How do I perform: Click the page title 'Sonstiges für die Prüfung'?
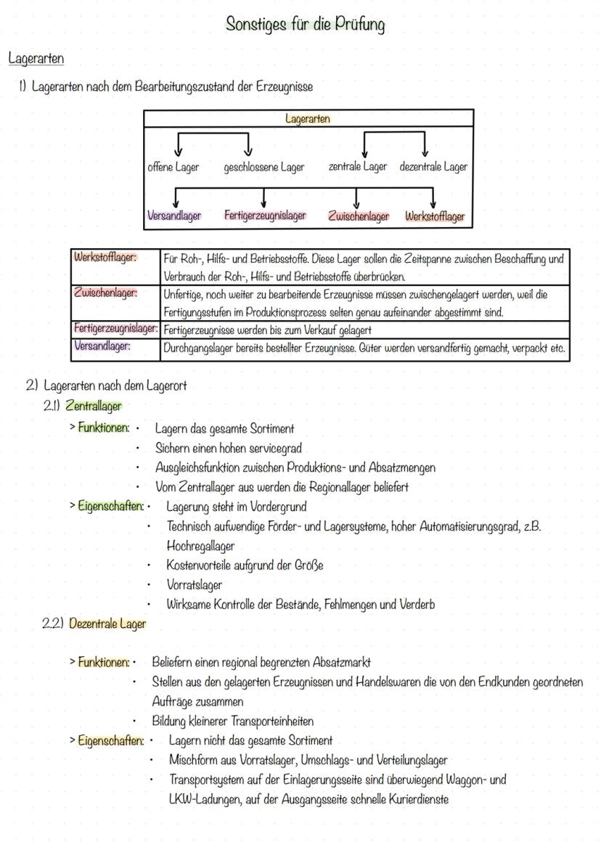pos(305,24)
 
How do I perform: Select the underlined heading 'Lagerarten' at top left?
pos(36,57)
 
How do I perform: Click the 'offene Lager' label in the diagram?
pos(173,167)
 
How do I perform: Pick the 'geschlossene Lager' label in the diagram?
pos(263,167)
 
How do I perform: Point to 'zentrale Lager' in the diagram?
pos(357,166)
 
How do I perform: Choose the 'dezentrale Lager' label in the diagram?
pos(433,166)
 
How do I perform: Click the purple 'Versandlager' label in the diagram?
pos(174,216)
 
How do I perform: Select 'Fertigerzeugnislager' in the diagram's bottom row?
pos(265,216)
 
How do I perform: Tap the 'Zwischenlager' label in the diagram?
pos(359,216)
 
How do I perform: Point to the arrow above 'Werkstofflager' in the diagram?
pos(433,198)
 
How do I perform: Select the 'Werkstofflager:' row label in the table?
pos(105,257)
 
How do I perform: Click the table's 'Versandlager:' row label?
pos(102,346)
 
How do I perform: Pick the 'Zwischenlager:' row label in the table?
pos(105,293)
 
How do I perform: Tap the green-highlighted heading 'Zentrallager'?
pos(93,406)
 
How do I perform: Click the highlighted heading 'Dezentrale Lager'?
pos(107,624)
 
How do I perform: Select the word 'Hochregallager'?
pos(200,545)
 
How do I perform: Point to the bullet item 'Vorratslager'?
pos(194,584)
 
